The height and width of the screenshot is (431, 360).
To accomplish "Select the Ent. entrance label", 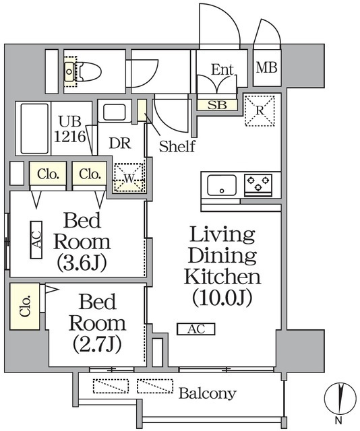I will (x=222, y=69).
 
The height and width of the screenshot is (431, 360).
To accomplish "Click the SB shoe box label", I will (x=217, y=104).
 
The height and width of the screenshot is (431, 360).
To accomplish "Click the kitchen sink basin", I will (x=221, y=184).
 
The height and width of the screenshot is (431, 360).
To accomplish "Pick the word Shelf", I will (x=177, y=146).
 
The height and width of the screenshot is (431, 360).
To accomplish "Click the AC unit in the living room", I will (x=196, y=329).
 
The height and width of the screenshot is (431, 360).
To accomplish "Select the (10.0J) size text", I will (x=222, y=297).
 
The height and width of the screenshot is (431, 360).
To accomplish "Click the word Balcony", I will (x=207, y=393).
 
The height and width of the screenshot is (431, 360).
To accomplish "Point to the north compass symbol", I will (x=342, y=399).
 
